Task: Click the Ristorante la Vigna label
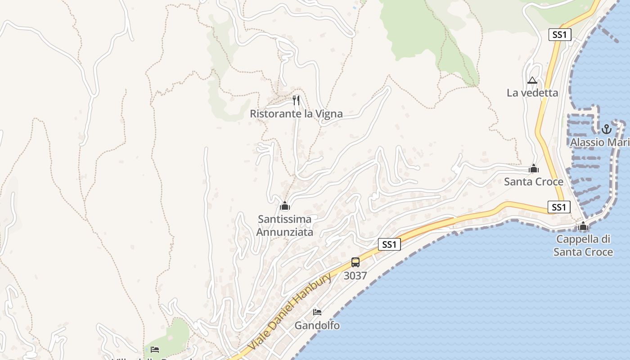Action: (x=296, y=114)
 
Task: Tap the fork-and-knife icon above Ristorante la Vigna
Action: (x=296, y=100)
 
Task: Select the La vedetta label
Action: (x=532, y=93)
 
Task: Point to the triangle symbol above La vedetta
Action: (x=532, y=81)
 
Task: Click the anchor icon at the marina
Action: (x=607, y=129)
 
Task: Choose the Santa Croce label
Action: (x=533, y=182)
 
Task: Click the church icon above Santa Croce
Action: (x=534, y=169)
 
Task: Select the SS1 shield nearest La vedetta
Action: (x=560, y=35)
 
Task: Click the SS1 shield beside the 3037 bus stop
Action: (x=389, y=244)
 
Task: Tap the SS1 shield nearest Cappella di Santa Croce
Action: (x=559, y=207)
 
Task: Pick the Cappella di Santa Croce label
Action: (x=583, y=246)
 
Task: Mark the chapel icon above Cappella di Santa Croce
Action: (x=584, y=226)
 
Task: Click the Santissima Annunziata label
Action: (x=284, y=226)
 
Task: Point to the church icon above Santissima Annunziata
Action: (x=284, y=206)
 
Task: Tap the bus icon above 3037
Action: (x=355, y=262)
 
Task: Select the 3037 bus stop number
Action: (x=355, y=276)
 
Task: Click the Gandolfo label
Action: (x=317, y=325)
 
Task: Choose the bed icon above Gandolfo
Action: (x=317, y=312)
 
